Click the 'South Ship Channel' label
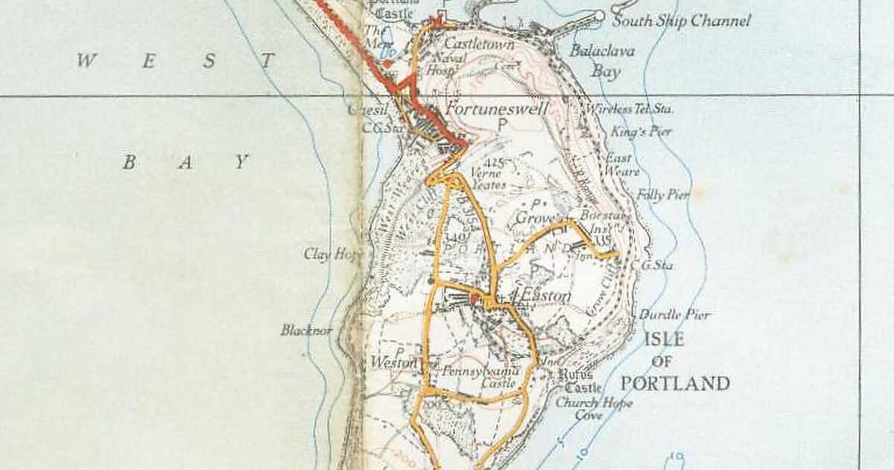[681, 21]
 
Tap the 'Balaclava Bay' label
[592, 61]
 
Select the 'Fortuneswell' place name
[497, 109]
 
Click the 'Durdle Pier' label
[675, 315]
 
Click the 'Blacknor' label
[307, 330]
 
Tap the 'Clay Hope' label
[332, 254]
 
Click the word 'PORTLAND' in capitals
[675, 384]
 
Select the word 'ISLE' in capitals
[663, 339]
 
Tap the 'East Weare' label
[621, 165]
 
